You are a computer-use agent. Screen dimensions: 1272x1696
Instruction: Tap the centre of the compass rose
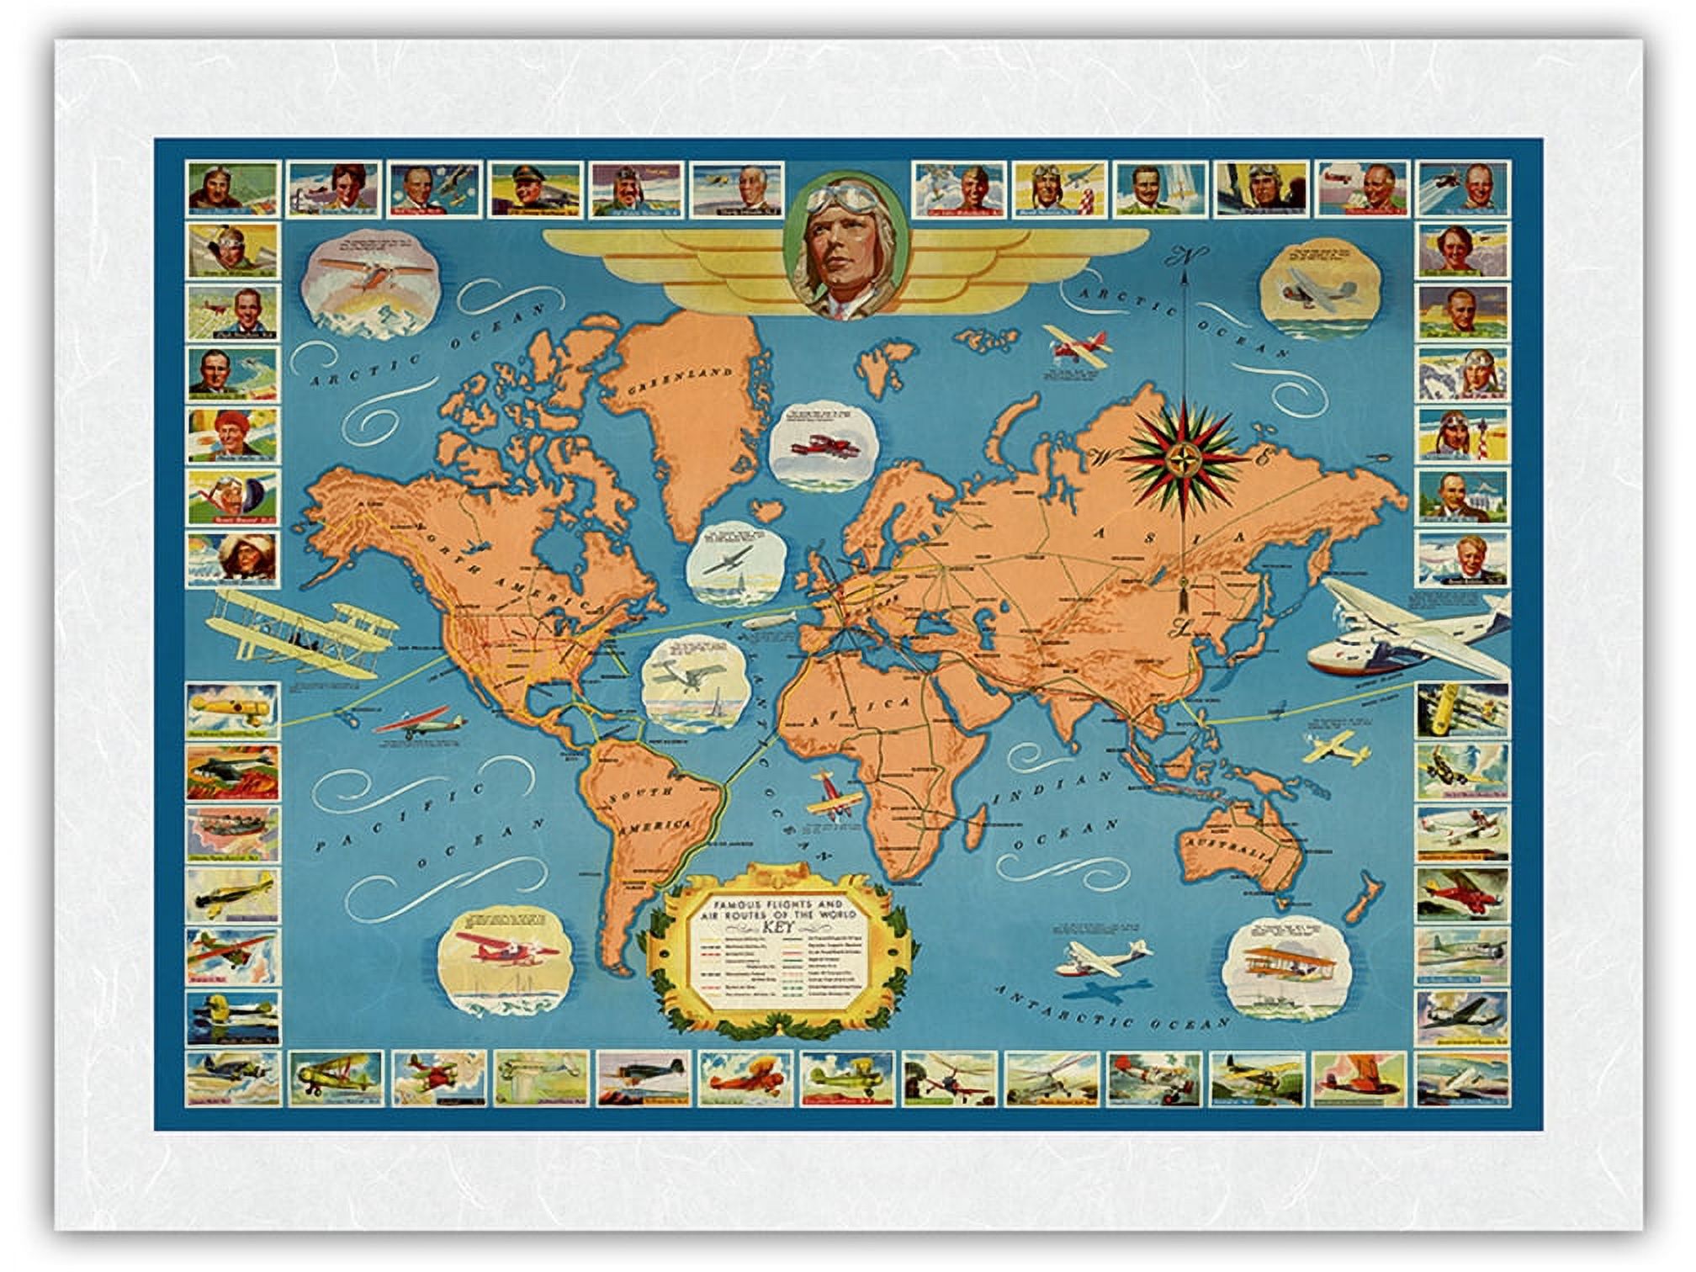click(1185, 457)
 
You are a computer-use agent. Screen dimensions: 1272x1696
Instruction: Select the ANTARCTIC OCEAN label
click(1110, 1008)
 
